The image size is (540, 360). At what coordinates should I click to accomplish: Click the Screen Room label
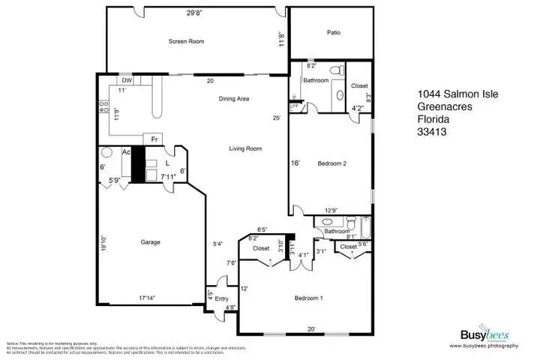click(x=186, y=42)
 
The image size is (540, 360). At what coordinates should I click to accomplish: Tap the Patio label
click(x=333, y=32)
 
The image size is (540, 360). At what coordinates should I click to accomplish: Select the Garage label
click(x=151, y=241)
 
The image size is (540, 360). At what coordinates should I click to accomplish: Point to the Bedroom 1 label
click(x=308, y=298)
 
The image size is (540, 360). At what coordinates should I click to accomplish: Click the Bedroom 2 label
click(x=331, y=163)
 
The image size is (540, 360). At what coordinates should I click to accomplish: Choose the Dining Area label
click(x=233, y=99)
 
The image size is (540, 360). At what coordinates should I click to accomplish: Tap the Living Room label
click(x=244, y=148)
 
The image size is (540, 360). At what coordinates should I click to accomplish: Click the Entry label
click(x=221, y=298)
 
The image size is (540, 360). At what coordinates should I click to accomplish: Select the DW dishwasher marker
click(x=127, y=80)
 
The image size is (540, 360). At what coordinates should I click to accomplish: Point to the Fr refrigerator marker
click(x=154, y=139)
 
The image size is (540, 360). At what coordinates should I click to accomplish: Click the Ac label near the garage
click(x=127, y=151)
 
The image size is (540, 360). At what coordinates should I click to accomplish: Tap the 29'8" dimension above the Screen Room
click(x=194, y=11)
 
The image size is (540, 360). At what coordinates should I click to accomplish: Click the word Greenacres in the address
click(x=439, y=106)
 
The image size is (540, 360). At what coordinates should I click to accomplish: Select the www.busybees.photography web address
click(x=484, y=346)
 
